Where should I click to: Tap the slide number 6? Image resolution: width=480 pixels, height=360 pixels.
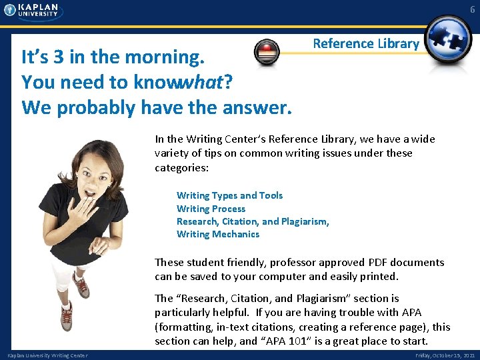click(x=472, y=9)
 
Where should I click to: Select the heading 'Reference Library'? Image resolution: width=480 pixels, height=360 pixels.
click(x=366, y=43)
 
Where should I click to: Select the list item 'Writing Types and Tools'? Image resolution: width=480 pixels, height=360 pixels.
click(x=229, y=195)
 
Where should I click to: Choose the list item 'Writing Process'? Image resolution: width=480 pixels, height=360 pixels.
click(x=211, y=209)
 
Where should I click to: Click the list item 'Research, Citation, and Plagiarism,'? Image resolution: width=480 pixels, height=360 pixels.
click(x=253, y=221)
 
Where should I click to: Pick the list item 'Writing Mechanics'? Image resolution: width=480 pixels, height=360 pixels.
click(x=218, y=234)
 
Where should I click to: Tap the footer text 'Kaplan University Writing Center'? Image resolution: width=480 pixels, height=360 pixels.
click(x=47, y=355)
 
